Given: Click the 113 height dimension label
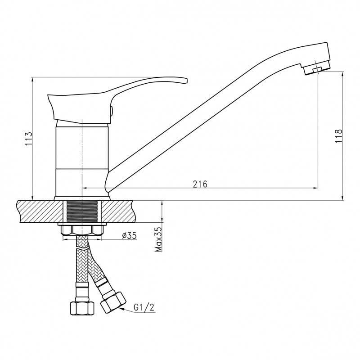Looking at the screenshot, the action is click(x=28, y=139).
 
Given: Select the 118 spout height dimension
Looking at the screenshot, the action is click(x=338, y=136).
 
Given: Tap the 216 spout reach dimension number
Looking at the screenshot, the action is click(x=200, y=184).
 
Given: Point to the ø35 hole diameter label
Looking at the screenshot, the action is click(x=130, y=235).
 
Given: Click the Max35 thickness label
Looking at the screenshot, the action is click(x=158, y=239).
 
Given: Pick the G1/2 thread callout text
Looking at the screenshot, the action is click(x=144, y=307).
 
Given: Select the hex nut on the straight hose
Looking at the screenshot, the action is click(x=82, y=308).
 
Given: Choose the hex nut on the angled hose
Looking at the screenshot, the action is click(x=113, y=302).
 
